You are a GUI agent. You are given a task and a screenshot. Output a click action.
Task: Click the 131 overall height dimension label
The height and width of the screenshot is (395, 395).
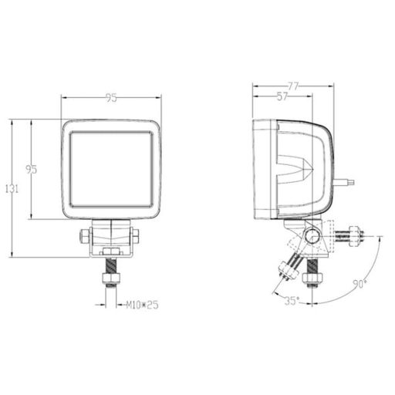[12, 189]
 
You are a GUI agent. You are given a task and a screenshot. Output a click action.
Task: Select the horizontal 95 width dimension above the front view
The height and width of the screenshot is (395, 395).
[111, 98]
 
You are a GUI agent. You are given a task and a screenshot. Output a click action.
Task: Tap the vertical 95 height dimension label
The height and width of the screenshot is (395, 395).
[32, 169]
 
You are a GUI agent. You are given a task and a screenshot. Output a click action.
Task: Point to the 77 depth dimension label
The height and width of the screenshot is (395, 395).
[293, 86]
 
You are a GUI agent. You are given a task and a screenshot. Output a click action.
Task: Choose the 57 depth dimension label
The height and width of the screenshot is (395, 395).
[282, 96]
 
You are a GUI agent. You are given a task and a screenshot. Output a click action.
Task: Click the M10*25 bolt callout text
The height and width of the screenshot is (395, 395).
[142, 306]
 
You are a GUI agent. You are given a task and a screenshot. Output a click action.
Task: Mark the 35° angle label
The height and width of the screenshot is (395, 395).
[292, 301]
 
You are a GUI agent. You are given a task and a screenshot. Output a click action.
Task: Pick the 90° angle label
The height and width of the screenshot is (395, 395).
[360, 284]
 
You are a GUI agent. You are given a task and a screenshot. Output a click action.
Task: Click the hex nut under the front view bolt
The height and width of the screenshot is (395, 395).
[111, 278]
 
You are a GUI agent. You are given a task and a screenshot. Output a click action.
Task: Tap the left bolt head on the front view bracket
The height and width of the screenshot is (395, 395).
[84, 236]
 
